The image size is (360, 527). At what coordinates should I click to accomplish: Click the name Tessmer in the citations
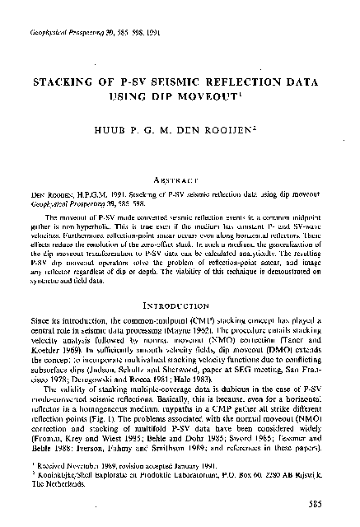pyautogui.click(x=304, y=431)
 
